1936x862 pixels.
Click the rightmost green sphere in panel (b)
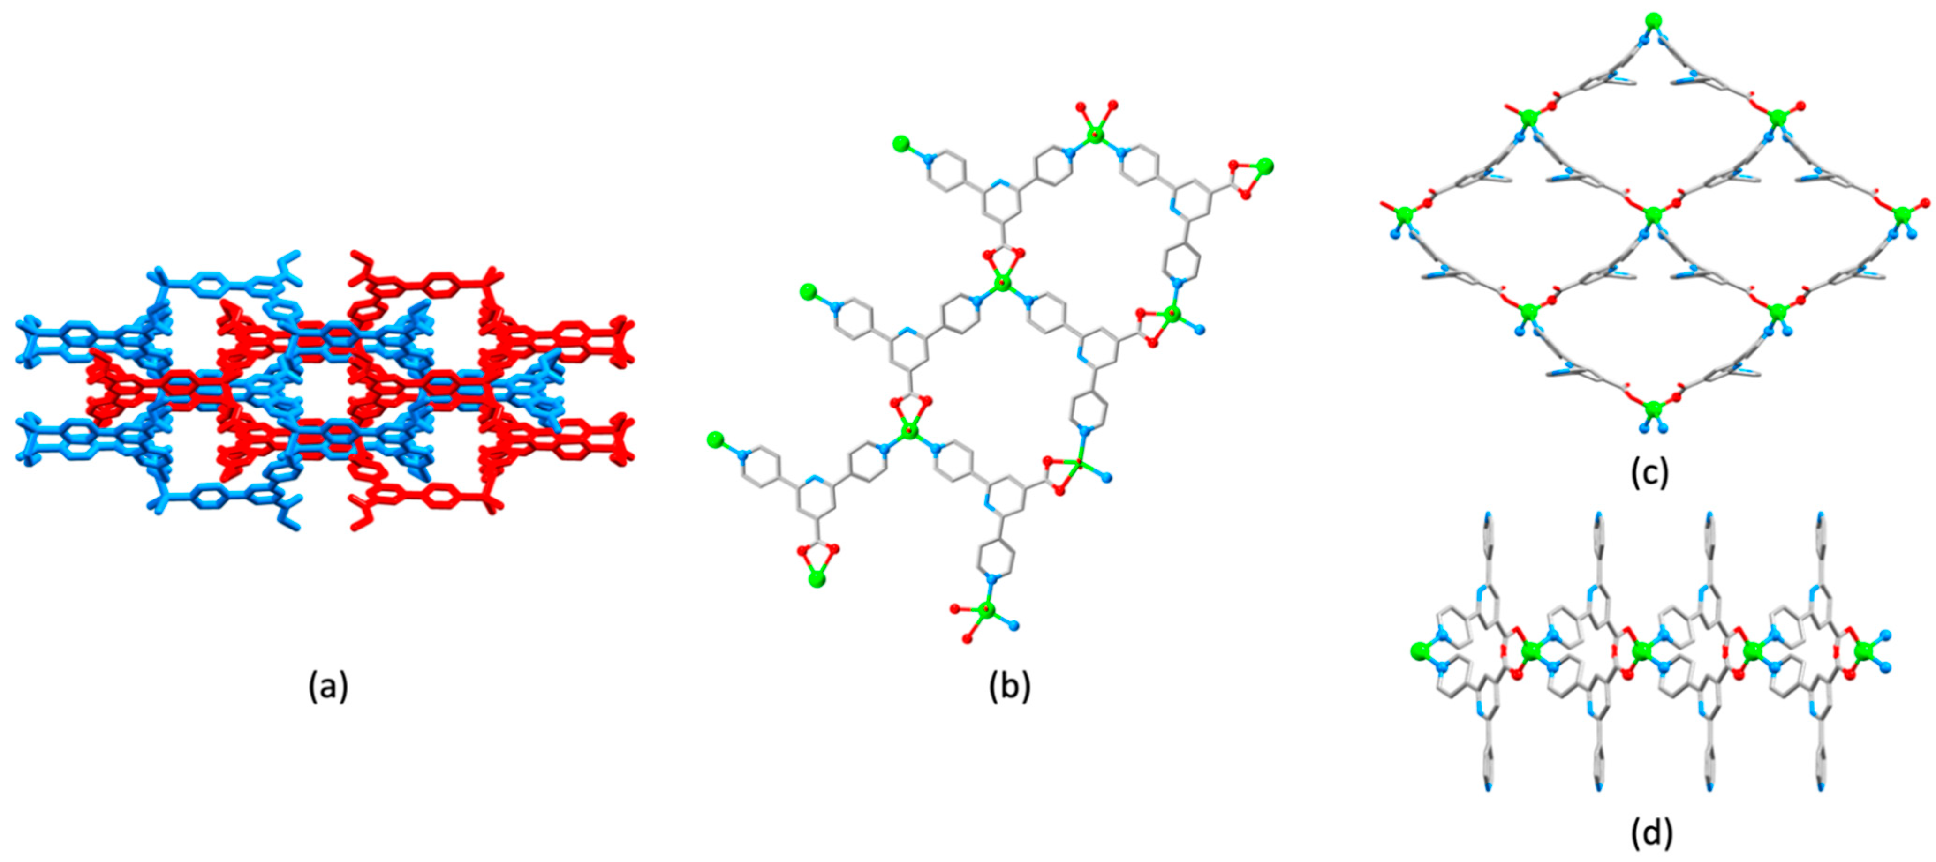click(x=1266, y=166)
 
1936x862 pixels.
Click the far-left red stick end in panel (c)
click(x=1381, y=203)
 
